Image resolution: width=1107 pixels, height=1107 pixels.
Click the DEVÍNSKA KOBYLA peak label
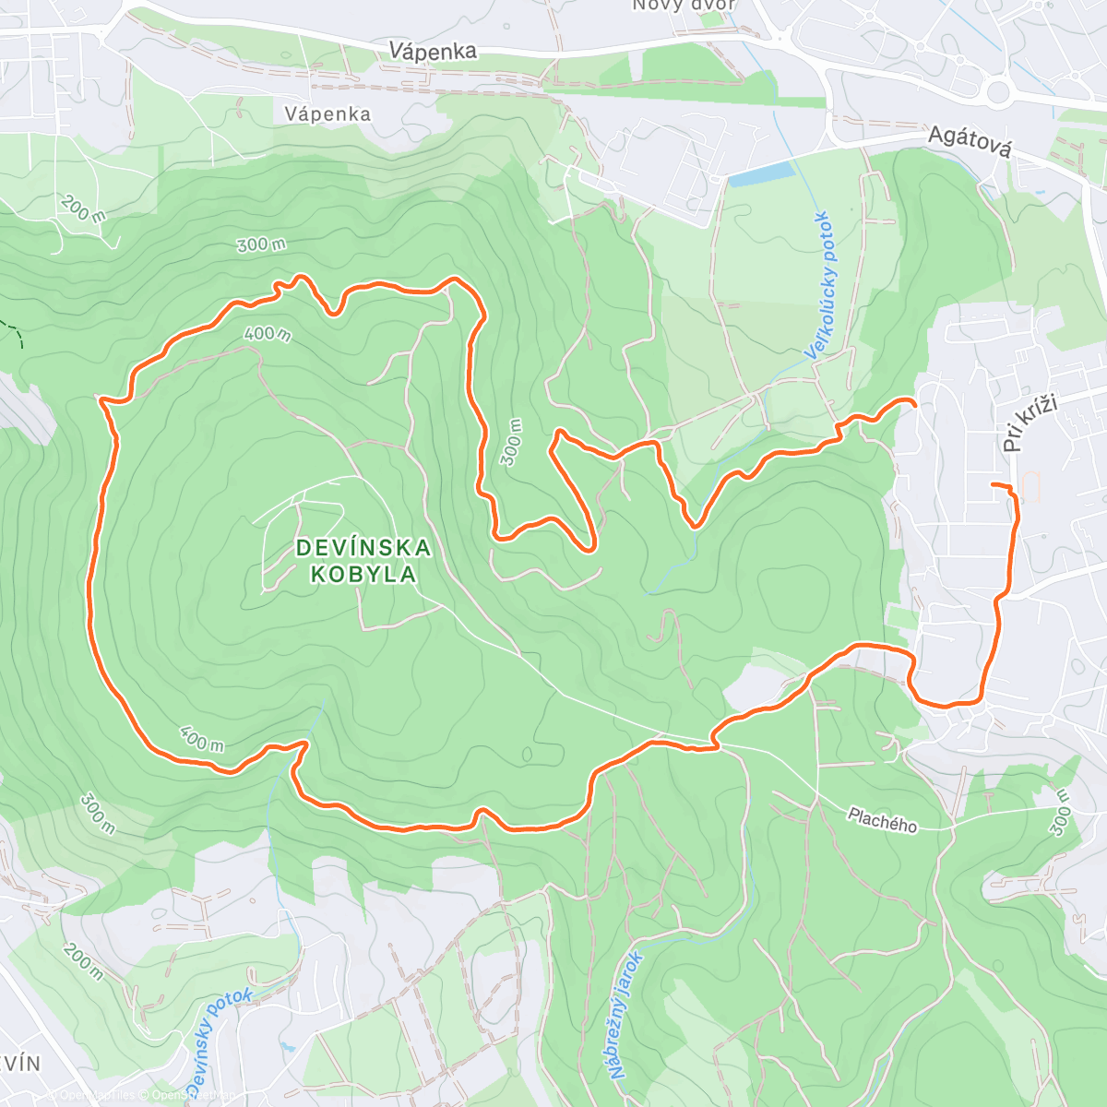tap(363, 561)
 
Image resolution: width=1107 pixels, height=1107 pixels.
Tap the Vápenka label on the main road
tap(433, 51)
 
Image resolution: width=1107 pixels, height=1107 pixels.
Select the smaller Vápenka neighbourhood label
tap(327, 114)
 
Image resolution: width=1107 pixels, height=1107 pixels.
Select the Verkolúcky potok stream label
tap(818, 285)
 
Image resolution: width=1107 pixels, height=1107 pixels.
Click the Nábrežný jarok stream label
tap(625, 1015)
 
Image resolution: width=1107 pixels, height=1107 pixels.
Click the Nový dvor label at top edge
tap(684, 6)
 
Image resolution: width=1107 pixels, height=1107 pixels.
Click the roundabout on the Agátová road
tap(998, 90)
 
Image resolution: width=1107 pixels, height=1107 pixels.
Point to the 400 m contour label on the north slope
tap(268, 333)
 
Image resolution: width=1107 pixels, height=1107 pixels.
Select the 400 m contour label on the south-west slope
tap(201, 739)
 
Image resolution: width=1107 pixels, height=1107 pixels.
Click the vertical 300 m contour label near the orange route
tap(511, 443)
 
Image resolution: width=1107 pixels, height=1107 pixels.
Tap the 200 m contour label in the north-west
tap(84, 209)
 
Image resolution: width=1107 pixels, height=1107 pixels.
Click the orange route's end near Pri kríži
tap(992, 484)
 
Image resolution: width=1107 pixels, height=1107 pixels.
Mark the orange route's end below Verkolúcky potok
tap(913, 403)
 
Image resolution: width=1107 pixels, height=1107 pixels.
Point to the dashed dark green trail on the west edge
tap(12, 331)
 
